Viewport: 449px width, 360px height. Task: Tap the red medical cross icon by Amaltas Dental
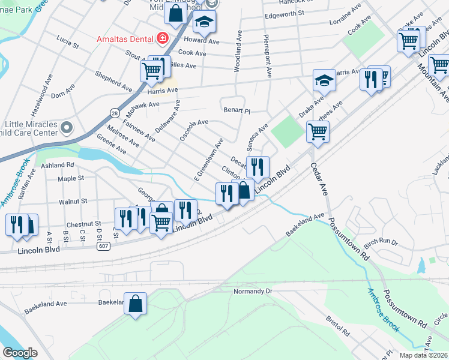pyautogui.click(x=161, y=39)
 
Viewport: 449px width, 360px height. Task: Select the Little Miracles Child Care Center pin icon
pyautogui.click(x=67, y=128)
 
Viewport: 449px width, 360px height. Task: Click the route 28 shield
pyautogui.click(x=114, y=112)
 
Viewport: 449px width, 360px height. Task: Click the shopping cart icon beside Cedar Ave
pyautogui.click(x=318, y=131)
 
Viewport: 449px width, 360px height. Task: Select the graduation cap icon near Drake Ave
pyautogui.click(x=324, y=80)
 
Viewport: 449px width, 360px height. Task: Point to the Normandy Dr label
pyautogui.click(x=253, y=291)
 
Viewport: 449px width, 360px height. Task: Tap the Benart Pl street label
pyautogui.click(x=237, y=110)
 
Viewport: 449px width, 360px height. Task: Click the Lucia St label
pyautogui.click(x=67, y=43)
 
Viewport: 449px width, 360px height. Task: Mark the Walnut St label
pyautogui.click(x=74, y=201)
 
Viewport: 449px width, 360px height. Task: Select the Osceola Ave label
pyautogui.click(x=194, y=130)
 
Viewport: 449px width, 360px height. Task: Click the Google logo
pyautogui.click(x=20, y=353)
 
